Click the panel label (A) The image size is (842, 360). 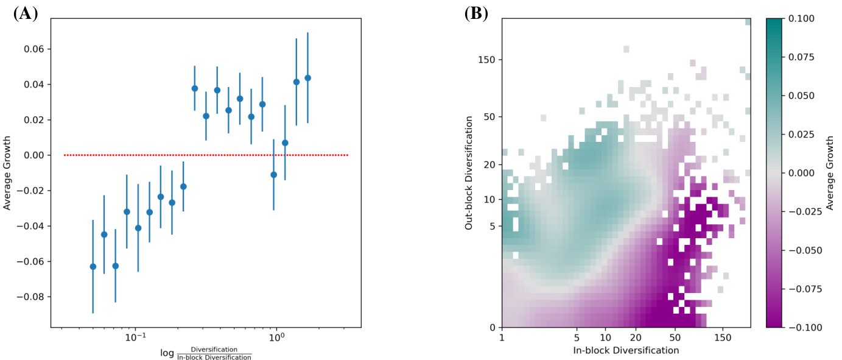[25, 15]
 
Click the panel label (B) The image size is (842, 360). [476, 15]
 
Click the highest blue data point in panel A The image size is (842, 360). [307, 78]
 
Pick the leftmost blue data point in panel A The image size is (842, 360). [93, 266]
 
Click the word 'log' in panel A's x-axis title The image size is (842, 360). [166, 353]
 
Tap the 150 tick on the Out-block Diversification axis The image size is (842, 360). [486, 60]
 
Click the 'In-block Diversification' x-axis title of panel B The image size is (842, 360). [626, 351]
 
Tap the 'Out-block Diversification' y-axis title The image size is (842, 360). [469, 174]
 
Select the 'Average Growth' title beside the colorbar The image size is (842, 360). [830, 174]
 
